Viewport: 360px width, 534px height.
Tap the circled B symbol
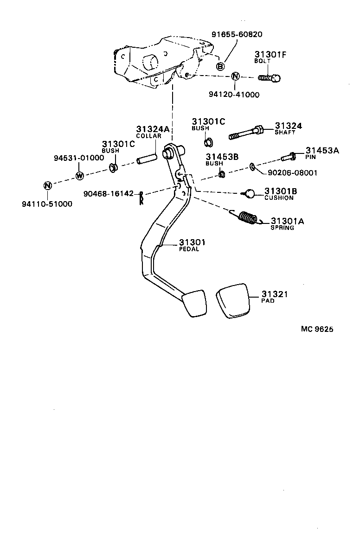[221, 67]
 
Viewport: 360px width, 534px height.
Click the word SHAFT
[285, 133]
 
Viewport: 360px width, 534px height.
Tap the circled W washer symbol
[79, 176]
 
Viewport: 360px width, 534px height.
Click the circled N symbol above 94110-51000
[47, 186]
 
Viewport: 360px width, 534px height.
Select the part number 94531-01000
[78, 158]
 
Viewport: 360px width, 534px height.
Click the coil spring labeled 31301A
[248, 217]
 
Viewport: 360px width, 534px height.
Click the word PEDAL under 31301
[189, 249]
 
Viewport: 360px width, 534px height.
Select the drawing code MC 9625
[317, 329]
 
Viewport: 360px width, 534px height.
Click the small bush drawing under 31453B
[222, 174]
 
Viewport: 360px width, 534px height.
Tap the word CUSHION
[279, 198]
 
